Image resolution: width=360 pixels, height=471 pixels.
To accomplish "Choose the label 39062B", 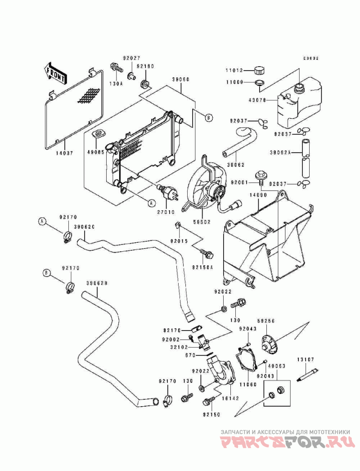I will coord(96,283).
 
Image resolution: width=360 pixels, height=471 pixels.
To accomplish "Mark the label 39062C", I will coord(84,227).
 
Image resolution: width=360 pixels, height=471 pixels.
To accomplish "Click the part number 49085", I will coord(96,152).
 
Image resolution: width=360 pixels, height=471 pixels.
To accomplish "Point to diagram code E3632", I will coord(310,58).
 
